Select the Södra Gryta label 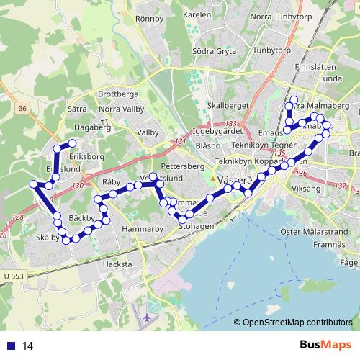click(x=215, y=52)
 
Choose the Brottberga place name click(x=117, y=94)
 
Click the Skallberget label click(x=228, y=105)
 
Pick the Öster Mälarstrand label click(x=310, y=231)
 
